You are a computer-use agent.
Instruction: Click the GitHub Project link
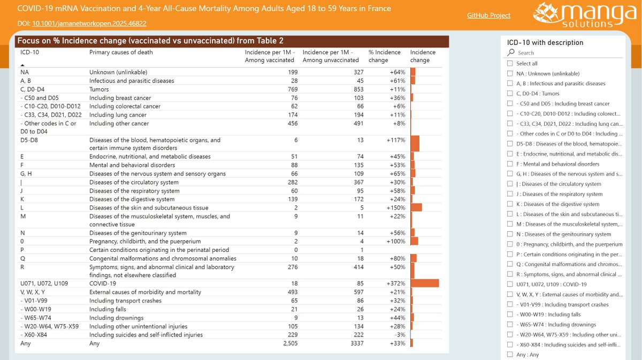click(x=489, y=16)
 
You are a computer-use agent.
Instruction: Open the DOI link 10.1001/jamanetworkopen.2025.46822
click(x=89, y=24)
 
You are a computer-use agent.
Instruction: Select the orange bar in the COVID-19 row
click(x=425, y=284)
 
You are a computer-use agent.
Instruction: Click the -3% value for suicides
click(x=400, y=335)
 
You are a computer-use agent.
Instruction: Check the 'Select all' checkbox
click(x=510, y=64)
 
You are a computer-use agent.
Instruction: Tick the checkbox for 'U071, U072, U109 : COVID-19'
click(x=510, y=285)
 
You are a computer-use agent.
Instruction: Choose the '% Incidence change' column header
click(x=384, y=56)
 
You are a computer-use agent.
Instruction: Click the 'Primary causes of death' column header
click(x=121, y=52)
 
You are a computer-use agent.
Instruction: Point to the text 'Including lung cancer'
click(x=118, y=115)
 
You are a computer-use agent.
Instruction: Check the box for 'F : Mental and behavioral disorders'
click(x=510, y=164)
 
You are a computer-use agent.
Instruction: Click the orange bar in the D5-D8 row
click(x=415, y=144)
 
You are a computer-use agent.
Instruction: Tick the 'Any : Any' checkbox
click(x=510, y=355)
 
